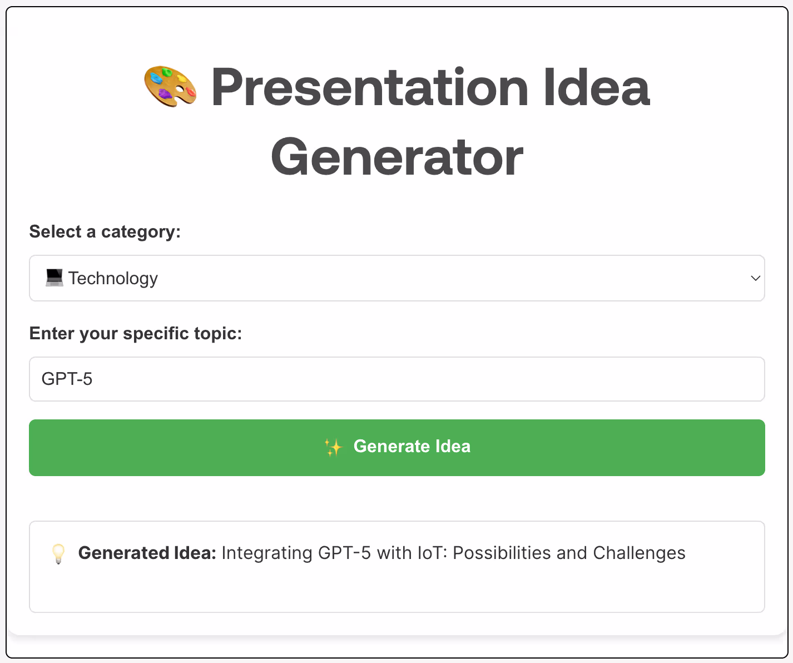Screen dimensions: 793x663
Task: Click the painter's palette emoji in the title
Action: tap(170, 86)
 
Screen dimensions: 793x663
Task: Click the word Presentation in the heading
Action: tap(370, 87)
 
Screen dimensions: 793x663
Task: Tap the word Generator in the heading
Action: tap(397, 157)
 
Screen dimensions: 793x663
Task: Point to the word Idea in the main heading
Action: tap(596, 87)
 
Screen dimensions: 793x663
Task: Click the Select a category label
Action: tap(105, 231)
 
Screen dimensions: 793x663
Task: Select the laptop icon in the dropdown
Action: tap(54, 278)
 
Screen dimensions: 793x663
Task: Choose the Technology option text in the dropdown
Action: tap(113, 279)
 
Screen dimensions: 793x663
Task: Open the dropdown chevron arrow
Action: tap(755, 278)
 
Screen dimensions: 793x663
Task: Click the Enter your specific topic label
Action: tap(136, 334)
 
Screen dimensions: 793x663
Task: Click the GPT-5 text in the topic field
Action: tap(67, 379)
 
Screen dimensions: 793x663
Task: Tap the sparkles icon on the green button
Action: tap(334, 447)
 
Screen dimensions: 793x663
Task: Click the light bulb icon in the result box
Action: tap(58, 553)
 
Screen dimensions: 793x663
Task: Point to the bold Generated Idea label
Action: tap(147, 553)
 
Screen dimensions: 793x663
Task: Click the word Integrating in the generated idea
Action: tap(267, 553)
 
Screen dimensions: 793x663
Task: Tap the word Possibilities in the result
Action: tap(502, 553)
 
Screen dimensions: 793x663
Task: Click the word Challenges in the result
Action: tap(639, 553)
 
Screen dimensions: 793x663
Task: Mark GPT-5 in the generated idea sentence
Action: tap(344, 553)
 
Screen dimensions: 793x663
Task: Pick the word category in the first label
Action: tap(141, 232)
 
